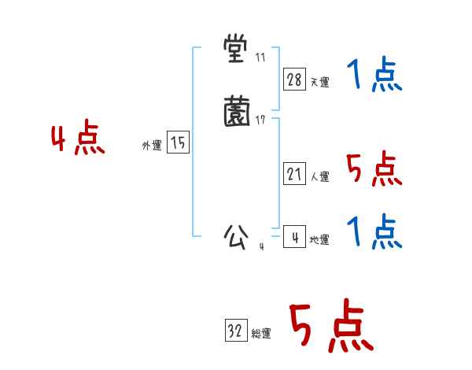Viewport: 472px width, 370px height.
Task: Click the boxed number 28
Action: click(x=295, y=79)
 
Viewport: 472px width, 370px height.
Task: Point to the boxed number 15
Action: click(x=179, y=142)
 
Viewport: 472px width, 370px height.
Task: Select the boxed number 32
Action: click(x=235, y=331)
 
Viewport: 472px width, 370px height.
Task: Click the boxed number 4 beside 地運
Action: click(x=295, y=237)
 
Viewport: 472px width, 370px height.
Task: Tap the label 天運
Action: click(x=320, y=82)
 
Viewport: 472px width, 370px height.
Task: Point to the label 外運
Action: click(x=152, y=146)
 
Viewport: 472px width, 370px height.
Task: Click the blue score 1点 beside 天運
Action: click(x=374, y=76)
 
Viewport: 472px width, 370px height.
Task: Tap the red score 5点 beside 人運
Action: click(x=374, y=168)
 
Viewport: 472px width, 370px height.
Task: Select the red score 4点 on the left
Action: click(x=78, y=140)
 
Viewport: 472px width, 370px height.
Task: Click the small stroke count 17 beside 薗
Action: click(x=260, y=120)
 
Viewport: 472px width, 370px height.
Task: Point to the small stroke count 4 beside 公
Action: click(x=261, y=246)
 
